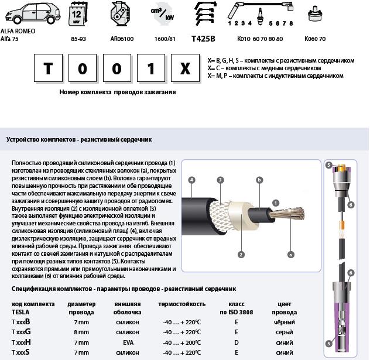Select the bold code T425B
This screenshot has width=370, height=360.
click(203, 39)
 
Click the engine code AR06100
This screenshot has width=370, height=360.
click(122, 39)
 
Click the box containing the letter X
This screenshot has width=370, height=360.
click(185, 69)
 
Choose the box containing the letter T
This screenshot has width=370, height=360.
click(48, 69)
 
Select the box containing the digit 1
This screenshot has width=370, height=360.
click(151, 69)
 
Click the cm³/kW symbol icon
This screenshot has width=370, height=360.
click(162, 14)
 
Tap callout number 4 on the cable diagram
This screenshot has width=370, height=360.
click(191, 179)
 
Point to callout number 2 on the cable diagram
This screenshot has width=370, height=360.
click(241, 255)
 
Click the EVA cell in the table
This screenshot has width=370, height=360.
click(127, 342)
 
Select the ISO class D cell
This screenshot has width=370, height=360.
click(237, 342)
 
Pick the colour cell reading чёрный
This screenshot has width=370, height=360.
click(285, 322)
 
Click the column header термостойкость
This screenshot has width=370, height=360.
click(181, 304)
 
